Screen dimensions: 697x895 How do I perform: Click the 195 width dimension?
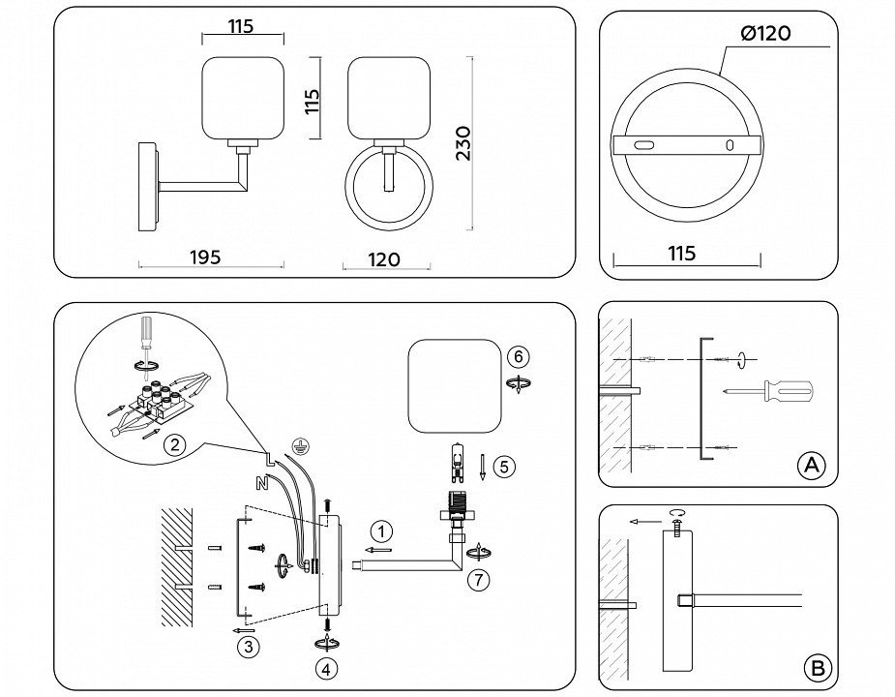[x=204, y=257]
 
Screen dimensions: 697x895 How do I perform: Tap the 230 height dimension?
[x=462, y=142]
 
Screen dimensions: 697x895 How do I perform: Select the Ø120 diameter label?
[x=765, y=34]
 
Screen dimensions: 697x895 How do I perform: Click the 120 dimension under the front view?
[x=385, y=259]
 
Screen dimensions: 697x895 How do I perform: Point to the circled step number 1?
[x=383, y=530]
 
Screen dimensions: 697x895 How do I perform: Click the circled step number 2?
[x=174, y=445]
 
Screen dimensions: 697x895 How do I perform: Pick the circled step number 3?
[x=250, y=648]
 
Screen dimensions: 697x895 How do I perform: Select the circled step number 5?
[x=502, y=466]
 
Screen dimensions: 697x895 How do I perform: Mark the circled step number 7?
[x=475, y=580]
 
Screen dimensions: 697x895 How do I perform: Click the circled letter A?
[x=810, y=466]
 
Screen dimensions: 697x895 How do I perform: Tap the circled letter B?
[x=818, y=667]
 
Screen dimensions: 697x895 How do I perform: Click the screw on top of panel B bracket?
[x=674, y=522]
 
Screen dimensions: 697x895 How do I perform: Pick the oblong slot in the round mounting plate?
[x=642, y=145]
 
